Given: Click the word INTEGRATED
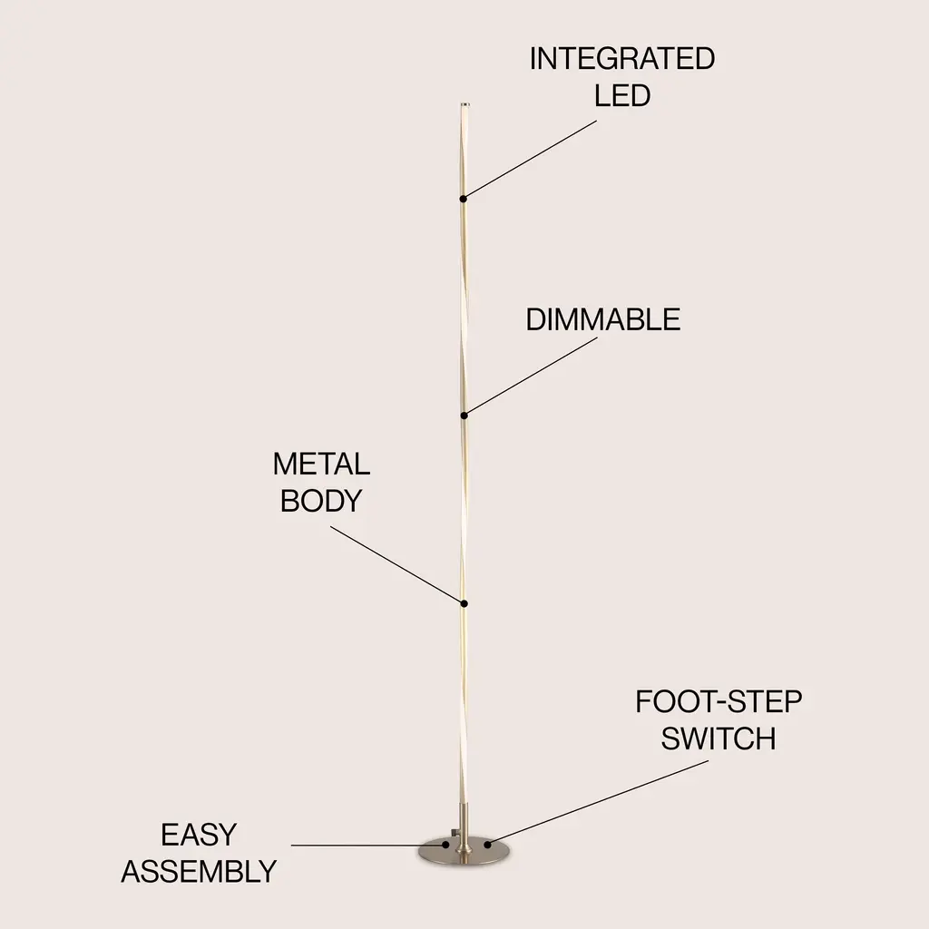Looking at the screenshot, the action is (622, 58).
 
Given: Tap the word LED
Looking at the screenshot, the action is (622, 95).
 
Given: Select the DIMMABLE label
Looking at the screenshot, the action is (603, 319).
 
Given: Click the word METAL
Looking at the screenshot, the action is (321, 464).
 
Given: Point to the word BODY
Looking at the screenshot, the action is (320, 501).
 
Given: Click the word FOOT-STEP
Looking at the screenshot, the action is (719, 701).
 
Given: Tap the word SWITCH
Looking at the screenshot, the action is (719, 738).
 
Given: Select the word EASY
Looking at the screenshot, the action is (199, 835).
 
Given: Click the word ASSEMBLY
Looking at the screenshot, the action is (199, 872).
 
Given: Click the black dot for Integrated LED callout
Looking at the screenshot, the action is (464, 199).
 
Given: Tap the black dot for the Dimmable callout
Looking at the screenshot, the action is (464, 416).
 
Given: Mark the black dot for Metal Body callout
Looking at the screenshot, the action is (464, 603).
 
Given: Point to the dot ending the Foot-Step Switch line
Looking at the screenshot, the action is (487, 845).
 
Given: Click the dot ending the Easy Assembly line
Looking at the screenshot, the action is (445, 846).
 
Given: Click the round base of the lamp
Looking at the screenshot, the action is (465, 850).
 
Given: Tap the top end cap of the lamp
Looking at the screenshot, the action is (464, 105).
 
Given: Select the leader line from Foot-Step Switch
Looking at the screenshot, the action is (597, 803).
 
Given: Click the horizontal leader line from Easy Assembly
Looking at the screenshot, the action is (367, 846).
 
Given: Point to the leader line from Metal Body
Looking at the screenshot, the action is (397, 564).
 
